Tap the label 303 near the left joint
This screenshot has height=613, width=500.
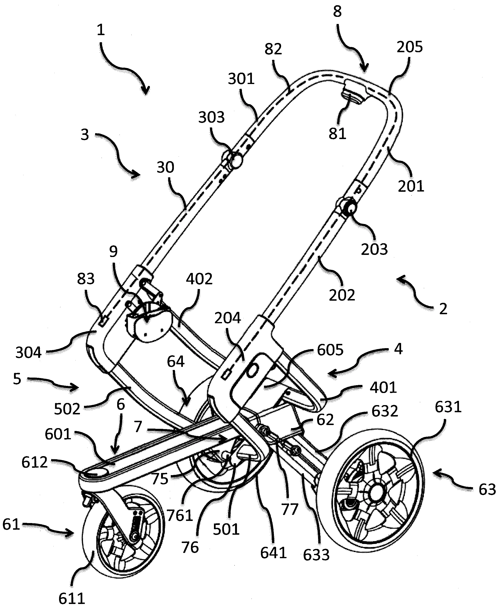211,117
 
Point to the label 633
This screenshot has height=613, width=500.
316,555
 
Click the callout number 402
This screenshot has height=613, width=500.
199,279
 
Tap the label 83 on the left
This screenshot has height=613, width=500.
86,279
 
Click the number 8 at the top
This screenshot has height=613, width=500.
337,12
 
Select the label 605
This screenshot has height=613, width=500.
330,350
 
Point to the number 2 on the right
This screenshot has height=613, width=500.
443,309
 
